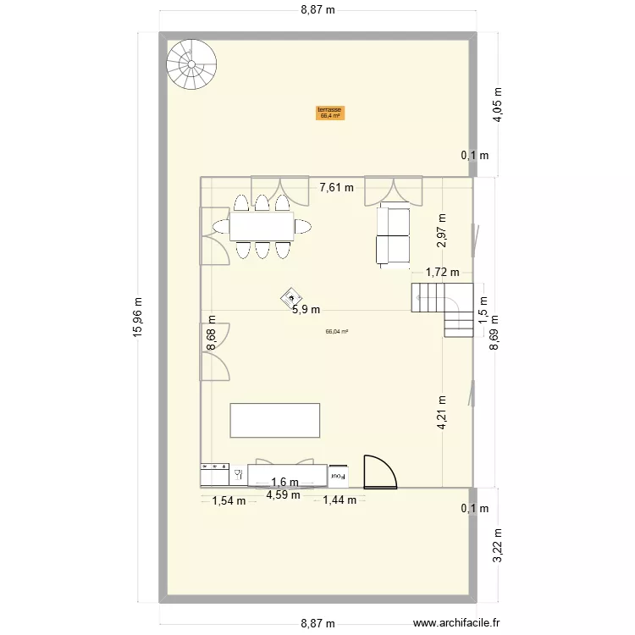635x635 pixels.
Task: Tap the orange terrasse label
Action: [x=329, y=113]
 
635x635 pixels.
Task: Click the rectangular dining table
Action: [x=260, y=226]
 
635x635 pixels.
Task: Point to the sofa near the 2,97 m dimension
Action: [x=393, y=235]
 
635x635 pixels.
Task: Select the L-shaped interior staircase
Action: [x=443, y=307]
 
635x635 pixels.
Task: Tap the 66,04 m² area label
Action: [x=337, y=332]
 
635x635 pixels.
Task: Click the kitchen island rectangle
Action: [x=275, y=421]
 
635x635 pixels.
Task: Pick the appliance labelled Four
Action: [x=339, y=477]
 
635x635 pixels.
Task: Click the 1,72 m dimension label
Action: [x=442, y=273]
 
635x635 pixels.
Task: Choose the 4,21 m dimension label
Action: [x=442, y=414]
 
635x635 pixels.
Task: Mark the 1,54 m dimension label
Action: [x=229, y=500]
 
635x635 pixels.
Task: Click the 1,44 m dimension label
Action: [x=340, y=500]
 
